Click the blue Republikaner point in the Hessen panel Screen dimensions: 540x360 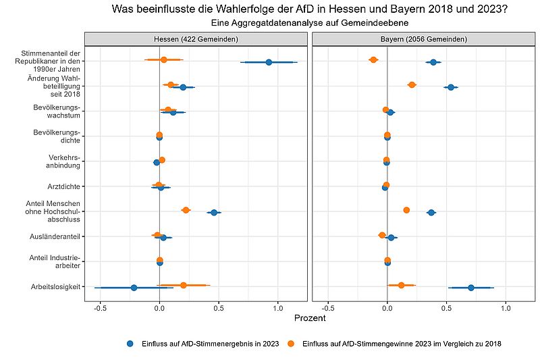[x=269, y=62]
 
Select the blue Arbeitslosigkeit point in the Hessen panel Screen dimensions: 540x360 [x=134, y=288]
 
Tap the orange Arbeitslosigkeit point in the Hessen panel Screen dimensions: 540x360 [x=184, y=285]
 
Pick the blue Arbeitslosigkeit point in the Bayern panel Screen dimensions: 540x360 [x=471, y=288]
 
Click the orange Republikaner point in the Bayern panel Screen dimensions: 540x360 [x=373, y=60]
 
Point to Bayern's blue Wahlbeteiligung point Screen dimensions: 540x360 [x=451, y=88]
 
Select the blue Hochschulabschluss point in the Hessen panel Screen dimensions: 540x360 [x=214, y=213]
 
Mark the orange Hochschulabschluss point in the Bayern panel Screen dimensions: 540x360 [x=406, y=210]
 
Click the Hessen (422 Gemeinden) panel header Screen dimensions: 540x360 [x=196, y=39]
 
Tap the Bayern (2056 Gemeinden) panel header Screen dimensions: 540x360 [x=424, y=39]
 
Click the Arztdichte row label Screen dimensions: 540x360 [x=63, y=186]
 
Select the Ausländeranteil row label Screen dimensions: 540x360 [x=55, y=236]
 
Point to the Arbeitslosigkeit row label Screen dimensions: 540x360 [x=55, y=286]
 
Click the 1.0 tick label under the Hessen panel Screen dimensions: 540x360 [x=278, y=308]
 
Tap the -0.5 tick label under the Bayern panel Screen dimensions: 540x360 [x=328, y=308]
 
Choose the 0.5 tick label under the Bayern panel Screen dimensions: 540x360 [x=447, y=308]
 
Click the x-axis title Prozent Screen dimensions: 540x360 [x=310, y=318]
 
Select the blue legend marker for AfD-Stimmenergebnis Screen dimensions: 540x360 [x=130, y=344]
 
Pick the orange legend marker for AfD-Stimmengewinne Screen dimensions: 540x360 [x=292, y=344]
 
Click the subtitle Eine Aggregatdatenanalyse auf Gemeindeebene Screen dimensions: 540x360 [x=310, y=23]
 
